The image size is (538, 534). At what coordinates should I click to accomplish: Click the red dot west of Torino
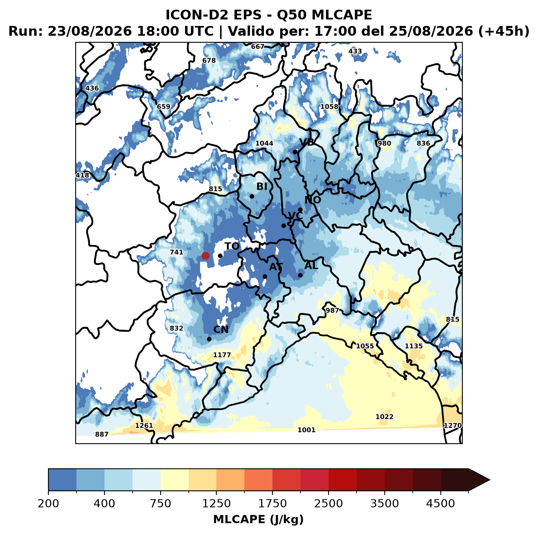click(x=205, y=256)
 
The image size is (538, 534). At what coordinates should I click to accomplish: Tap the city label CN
click(x=221, y=330)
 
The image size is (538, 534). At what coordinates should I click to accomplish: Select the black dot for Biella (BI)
click(x=252, y=197)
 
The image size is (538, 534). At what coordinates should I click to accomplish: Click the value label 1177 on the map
click(x=222, y=355)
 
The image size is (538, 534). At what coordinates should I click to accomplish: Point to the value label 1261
click(x=144, y=426)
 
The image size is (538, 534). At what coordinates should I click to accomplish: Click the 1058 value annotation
click(x=329, y=107)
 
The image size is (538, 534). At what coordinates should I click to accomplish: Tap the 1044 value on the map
click(x=264, y=143)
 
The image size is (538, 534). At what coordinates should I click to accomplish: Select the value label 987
click(x=332, y=311)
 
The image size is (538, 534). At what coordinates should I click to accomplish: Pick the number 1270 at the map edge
click(x=453, y=425)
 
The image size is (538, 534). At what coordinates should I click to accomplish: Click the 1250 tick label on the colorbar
click(x=216, y=503)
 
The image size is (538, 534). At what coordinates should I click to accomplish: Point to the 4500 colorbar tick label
click(x=440, y=503)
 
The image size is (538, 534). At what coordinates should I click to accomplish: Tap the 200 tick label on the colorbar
click(x=48, y=503)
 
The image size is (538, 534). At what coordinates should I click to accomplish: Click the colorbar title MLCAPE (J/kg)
click(x=258, y=519)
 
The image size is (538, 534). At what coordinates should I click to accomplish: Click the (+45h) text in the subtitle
click(x=504, y=31)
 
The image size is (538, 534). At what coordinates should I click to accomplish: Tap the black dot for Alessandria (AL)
click(x=300, y=275)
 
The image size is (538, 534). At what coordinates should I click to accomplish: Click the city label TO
click(x=232, y=246)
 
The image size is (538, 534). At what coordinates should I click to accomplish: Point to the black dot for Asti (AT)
click(x=265, y=277)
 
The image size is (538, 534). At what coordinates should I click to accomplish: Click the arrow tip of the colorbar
click(x=490, y=480)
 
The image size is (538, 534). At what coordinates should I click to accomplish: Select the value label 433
click(x=355, y=51)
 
